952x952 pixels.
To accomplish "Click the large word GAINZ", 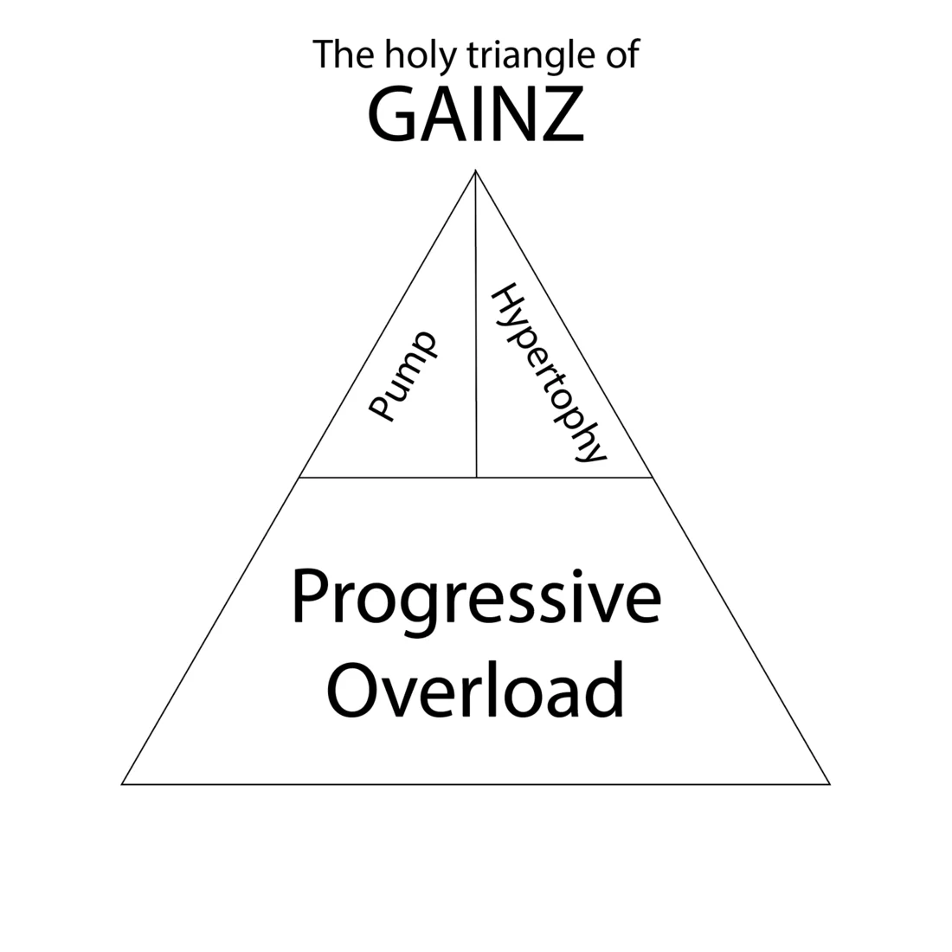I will (476, 115).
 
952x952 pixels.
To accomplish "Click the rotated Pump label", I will (402, 377).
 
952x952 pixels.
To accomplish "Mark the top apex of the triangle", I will (475, 170).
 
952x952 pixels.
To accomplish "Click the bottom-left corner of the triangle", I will (122, 784).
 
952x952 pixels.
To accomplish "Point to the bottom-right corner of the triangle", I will (830, 784).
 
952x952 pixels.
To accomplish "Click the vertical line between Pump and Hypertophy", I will (476, 346).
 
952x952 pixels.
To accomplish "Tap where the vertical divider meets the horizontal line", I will (476, 477).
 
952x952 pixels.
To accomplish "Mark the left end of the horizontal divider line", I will (299, 477).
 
